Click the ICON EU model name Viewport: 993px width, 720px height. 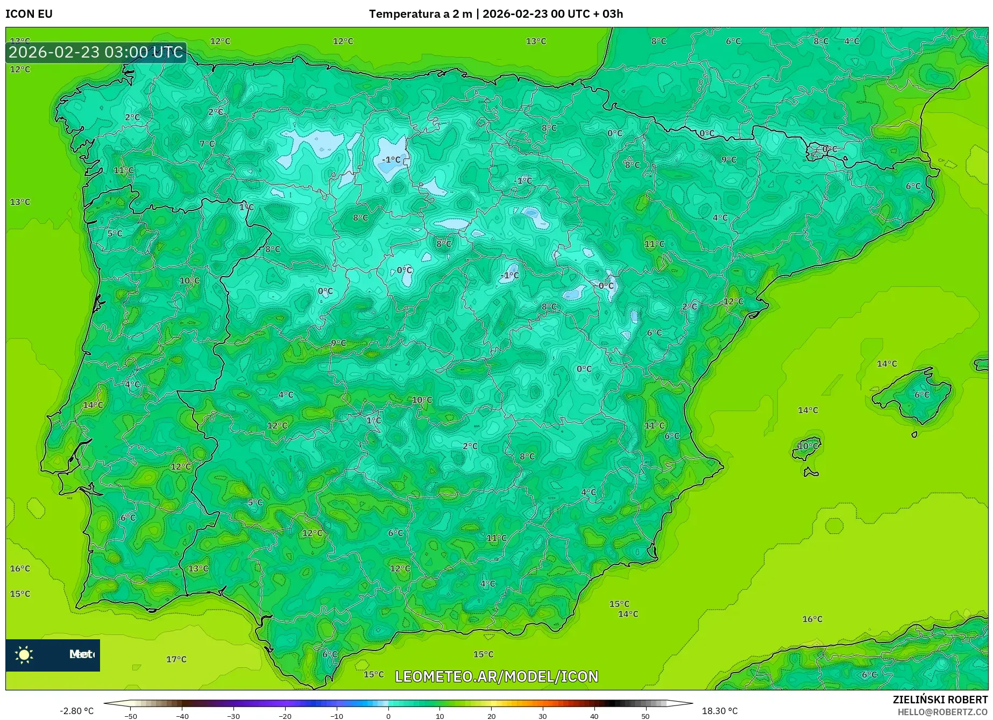pyautogui.click(x=29, y=14)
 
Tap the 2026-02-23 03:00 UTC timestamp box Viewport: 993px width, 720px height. pyautogui.click(x=96, y=52)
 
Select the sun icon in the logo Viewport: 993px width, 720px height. pyautogui.click(x=24, y=654)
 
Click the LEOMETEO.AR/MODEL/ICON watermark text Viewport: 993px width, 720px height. pyautogui.click(x=496, y=676)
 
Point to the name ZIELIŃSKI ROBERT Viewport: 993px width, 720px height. pyautogui.click(x=940, y=700)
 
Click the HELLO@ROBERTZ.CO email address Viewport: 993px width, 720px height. pyautogui.click(x=942, y=712)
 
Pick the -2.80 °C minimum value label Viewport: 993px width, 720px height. pyautogui.click(x=76, y=711)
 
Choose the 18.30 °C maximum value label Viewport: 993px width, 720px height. pyautogui.click(x=720, y=711)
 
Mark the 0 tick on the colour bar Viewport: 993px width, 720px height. pyautogui.click(x=388, y=716)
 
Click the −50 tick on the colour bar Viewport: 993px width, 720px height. pyautogui.click(x=131, y=716)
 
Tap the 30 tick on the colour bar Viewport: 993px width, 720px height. pyautogui.click(x=543, y=716)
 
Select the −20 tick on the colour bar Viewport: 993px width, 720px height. pyautogui.click(x=285, y=716)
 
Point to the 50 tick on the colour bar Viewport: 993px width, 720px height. pyautogui.click(x=646, y=716)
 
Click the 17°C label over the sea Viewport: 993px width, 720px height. pyautogui.click(x=176, y=659)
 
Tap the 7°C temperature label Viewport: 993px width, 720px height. pyautogui.click(x=207, y=144)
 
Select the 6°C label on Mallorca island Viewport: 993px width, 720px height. pyautogui.click(x=921, y=394)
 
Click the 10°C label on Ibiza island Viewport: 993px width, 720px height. pyautogui.click(x=807, y=446)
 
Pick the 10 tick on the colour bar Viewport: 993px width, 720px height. pyautogui.click(x=440, y=716)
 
